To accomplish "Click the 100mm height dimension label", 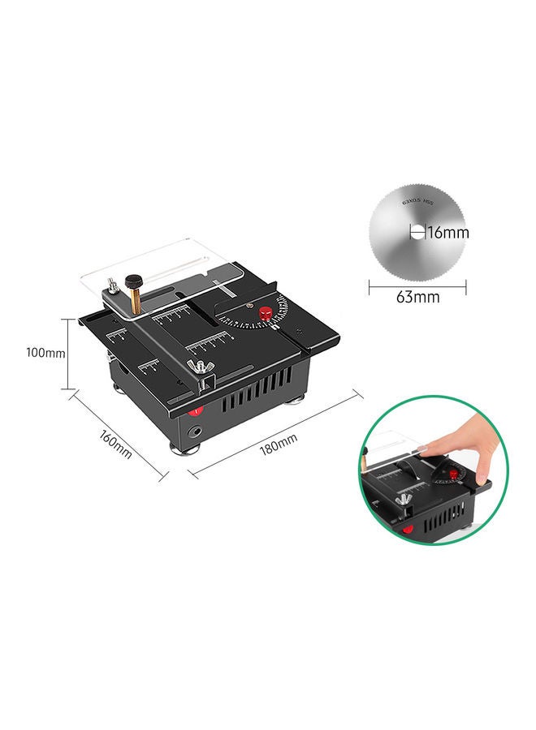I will [45, 353].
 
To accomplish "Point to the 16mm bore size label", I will [447, 233].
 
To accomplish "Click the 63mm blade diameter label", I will [417, 297].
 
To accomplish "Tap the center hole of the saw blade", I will [417, 233].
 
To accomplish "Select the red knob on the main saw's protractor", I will [265, 313].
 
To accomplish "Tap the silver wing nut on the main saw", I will [197, 371].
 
